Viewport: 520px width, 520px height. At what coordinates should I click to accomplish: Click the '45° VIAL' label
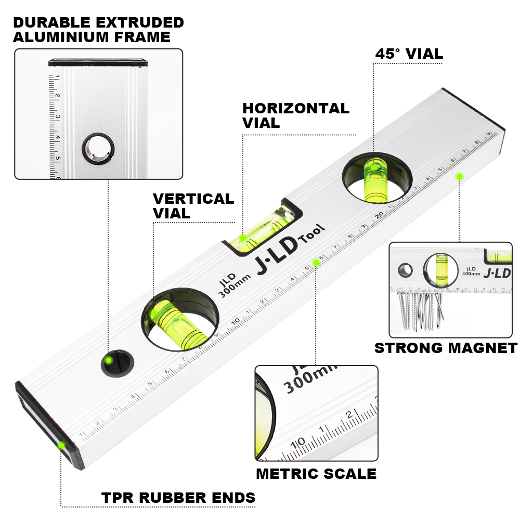(x=409, y=54)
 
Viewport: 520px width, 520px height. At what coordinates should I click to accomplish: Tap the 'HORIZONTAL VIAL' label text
(x=295, y=115)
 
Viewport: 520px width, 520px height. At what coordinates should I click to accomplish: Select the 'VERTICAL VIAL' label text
(x=193, y=206)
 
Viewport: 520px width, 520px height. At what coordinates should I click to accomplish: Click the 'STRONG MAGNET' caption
(x=446, y=348)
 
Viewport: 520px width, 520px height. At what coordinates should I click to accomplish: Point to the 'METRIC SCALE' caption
(x=316, y=474)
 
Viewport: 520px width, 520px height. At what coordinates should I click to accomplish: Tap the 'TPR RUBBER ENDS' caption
(x=178, y=498)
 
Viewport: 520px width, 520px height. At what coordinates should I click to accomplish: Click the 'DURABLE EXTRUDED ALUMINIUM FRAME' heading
(x=98, y=30)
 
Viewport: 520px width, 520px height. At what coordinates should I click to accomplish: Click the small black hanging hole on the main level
(x=116, y=362)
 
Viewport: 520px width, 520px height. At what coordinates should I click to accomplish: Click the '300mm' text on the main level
(x=234, y=284)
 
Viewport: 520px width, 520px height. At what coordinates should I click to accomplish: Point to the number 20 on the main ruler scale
(x=380, y=214)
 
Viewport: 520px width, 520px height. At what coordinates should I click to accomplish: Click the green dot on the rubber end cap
(x=62, y=445)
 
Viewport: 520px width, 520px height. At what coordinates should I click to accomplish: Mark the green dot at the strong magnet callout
(x=459, y=177)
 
